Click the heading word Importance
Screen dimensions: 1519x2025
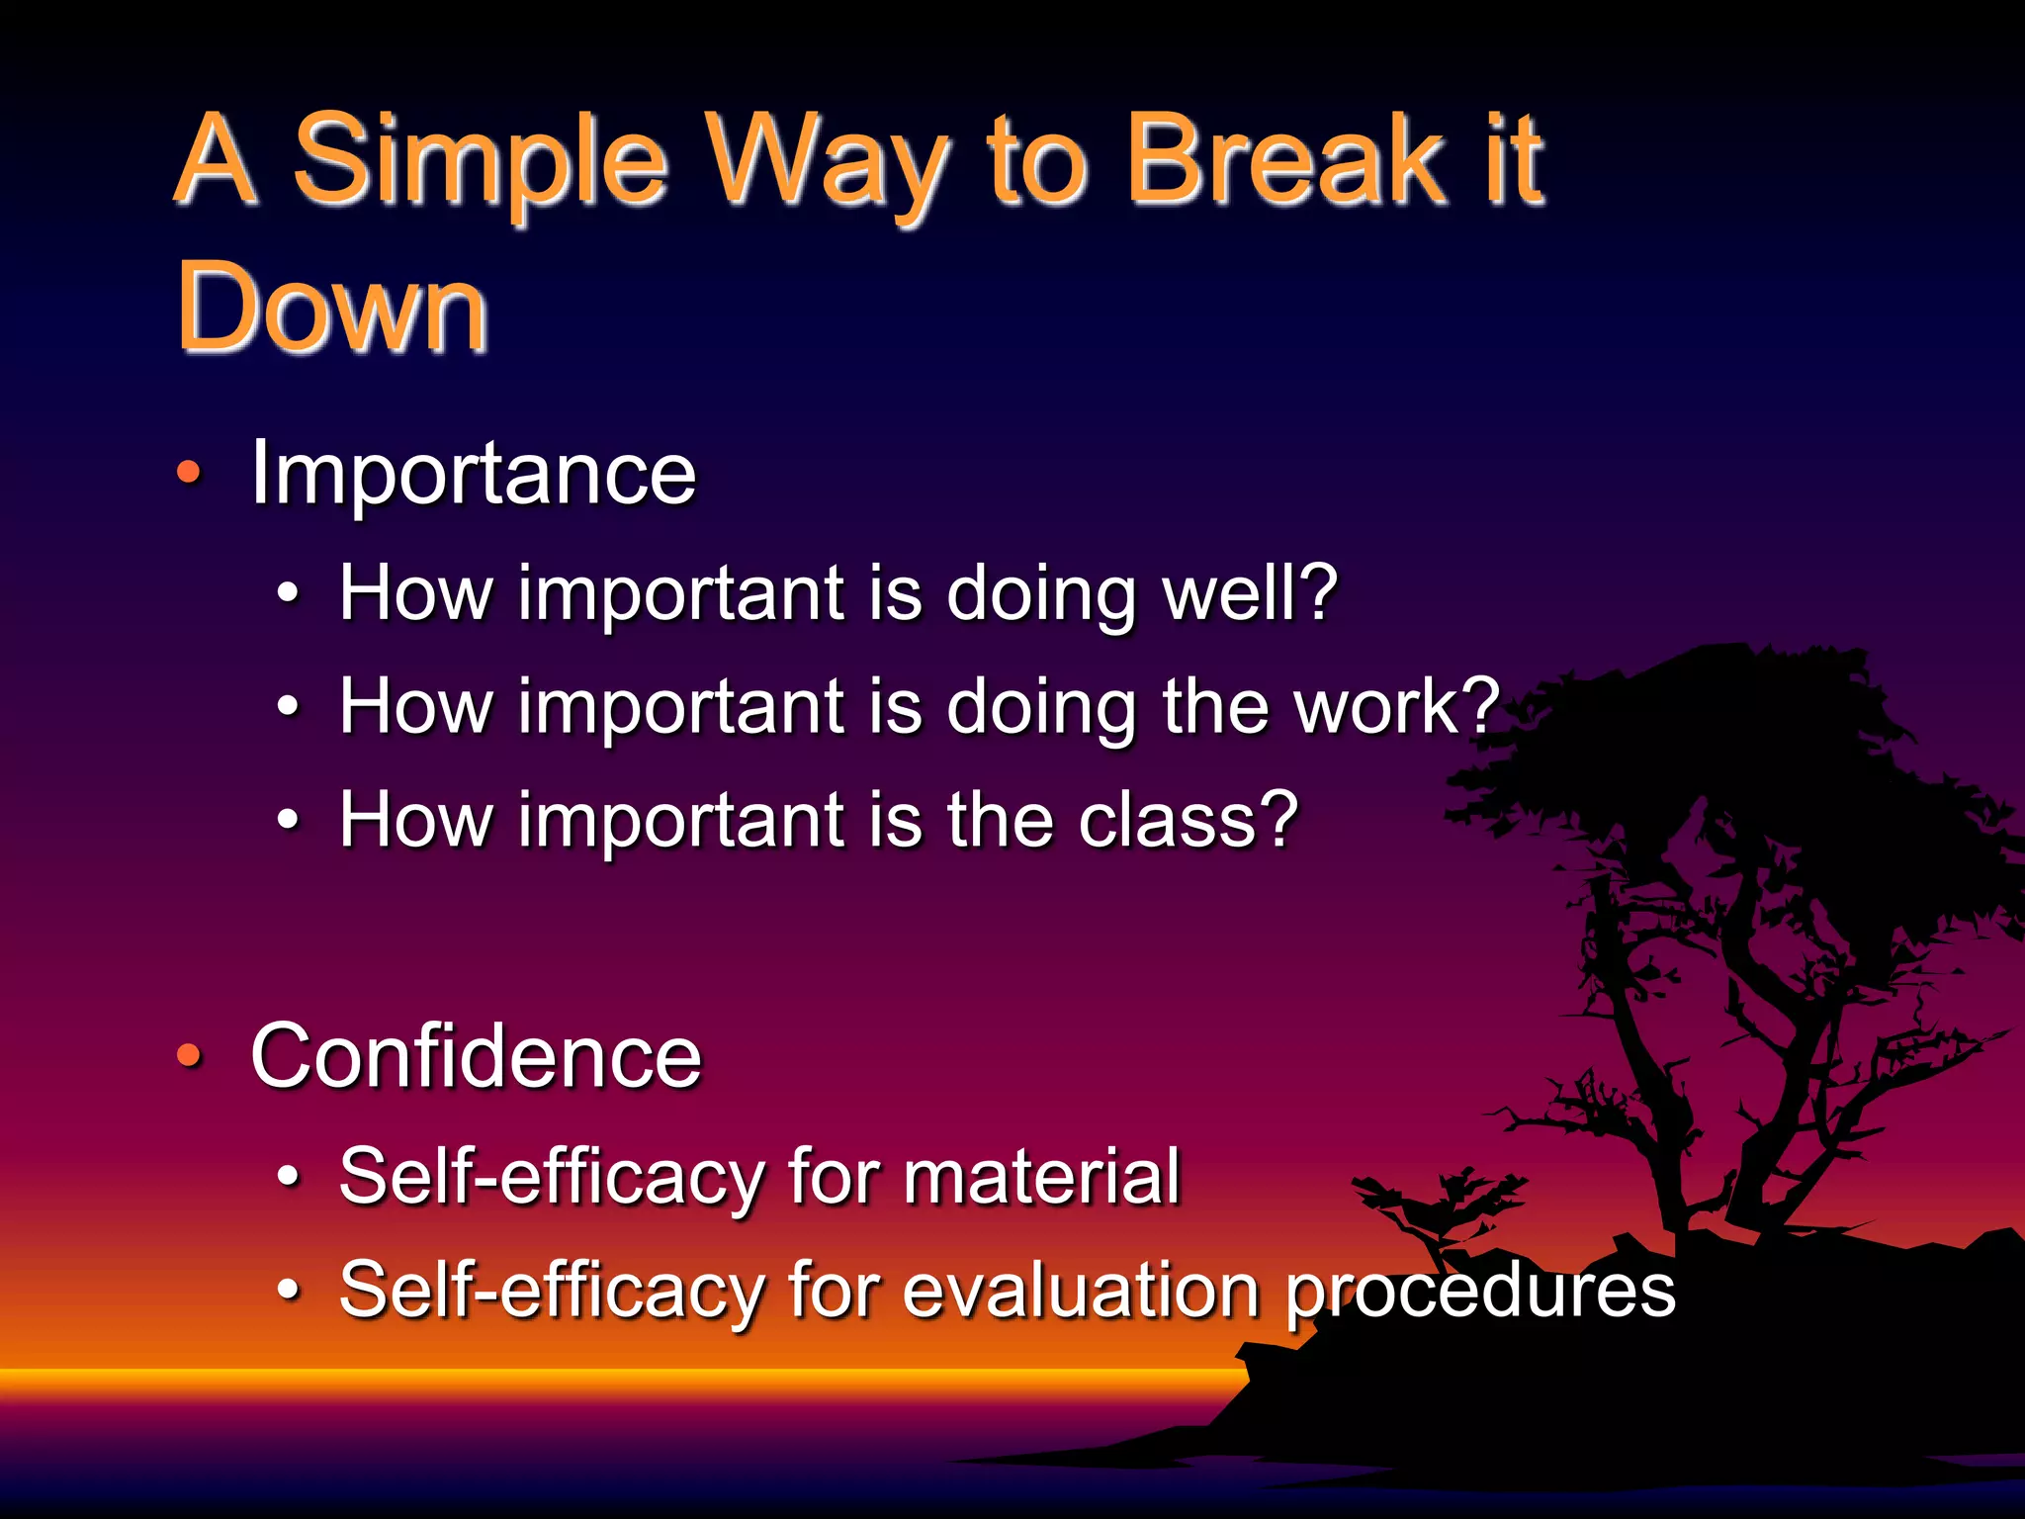pyautogui.click(x=474, y=474)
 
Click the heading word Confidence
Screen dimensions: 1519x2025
pyautogui.click(x=476, y=1056)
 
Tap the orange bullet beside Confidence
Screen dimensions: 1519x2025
pyautogui.click(x=188, y=1056)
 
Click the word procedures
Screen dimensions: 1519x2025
pyautogui.click(x=1479, y=1292)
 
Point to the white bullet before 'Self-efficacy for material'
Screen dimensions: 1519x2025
pyautogui.click(x=288, y=1177)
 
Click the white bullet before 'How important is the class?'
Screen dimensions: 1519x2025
pyautogui.click(x=288, y=820)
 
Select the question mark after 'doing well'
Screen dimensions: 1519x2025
pyautogui.click(x=1318, y=592)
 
